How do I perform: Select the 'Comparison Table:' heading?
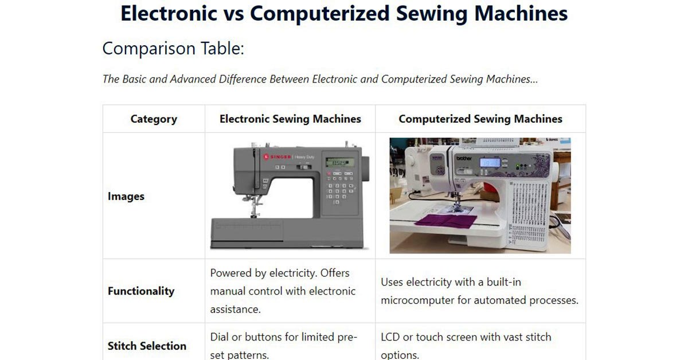173,49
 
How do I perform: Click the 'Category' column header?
154,119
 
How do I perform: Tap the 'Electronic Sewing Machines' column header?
290,119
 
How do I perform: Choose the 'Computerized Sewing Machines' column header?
480,119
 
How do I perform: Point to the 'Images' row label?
126,197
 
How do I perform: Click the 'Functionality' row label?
141,291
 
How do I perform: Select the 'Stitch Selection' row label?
147,346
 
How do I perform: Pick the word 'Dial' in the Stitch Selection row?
220,337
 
